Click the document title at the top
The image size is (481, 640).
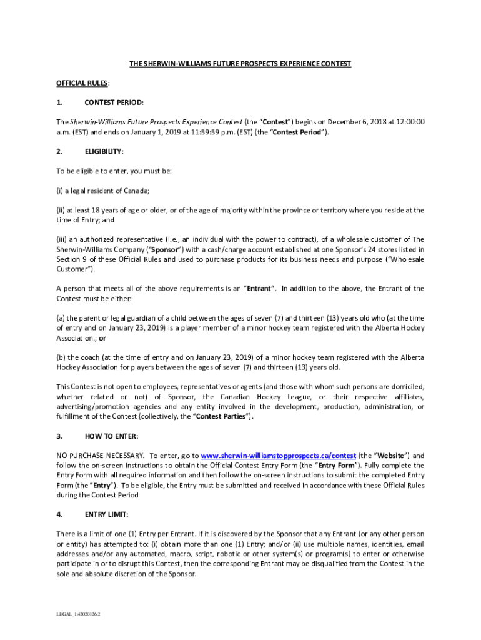(240, 64)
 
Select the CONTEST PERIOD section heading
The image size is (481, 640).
(114, 102)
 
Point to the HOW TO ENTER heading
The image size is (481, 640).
(111, 436)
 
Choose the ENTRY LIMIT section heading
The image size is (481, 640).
(106, 514)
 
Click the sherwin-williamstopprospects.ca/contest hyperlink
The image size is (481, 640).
(279, 456)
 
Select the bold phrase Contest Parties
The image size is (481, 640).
(222, 417)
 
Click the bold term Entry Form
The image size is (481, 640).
(337, 466)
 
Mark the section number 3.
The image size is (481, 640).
(59, 436)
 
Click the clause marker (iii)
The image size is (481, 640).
(62, 239)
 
